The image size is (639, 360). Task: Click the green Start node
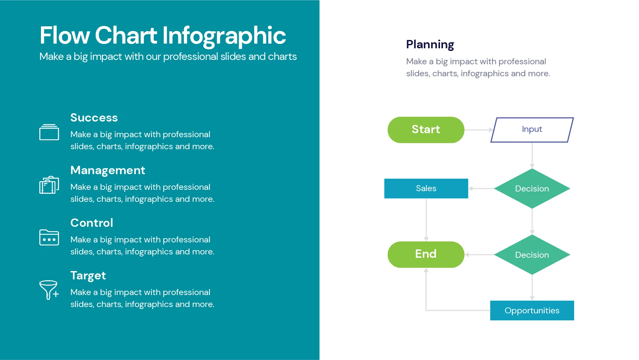point(426,130)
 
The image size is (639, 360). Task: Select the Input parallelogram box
point(532,130)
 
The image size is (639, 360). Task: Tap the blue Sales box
point(426,188)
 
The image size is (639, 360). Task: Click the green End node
point(426,254)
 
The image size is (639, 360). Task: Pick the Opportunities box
point(532,310)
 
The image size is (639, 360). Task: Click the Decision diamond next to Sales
point(532,188)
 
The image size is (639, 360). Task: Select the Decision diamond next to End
point(532,255)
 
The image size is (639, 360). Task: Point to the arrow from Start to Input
point(478,130)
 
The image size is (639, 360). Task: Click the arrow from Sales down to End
point(426,220)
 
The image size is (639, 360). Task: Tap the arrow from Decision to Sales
point(481,188)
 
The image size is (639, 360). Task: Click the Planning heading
point(430,44)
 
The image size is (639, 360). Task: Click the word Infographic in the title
point(224,35)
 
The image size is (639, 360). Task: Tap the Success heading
point(94,118)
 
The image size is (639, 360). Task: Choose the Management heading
point(107,170)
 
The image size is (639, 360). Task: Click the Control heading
point(92,223)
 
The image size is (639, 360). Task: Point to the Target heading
point(88,275)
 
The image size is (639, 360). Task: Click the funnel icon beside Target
point(49,289)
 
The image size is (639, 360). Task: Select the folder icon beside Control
point(49,237)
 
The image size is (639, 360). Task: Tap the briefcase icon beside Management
point(49,185)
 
